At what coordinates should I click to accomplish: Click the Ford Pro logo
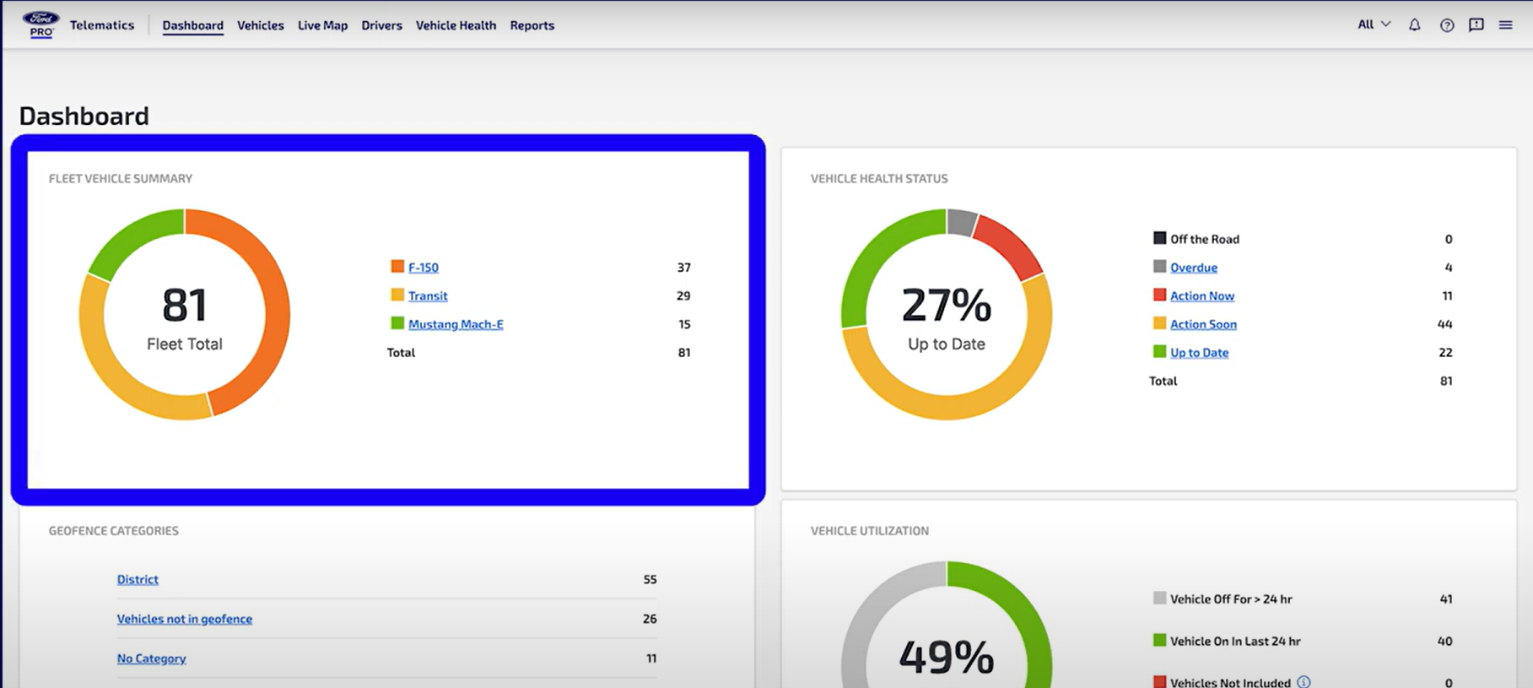tap(40, 24)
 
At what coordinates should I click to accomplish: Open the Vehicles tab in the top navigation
tap(260, 25)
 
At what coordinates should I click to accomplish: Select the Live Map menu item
tap(322, 25)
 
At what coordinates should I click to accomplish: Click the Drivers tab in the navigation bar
tap(381, 25)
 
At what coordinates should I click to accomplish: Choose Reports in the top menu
tap(532, 25)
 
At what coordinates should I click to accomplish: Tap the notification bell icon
tap(1415, 25)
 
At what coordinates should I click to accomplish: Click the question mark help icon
tap(1447, 25)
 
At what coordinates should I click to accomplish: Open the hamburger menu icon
tap(1505, 25)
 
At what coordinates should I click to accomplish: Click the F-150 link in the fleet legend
tap(423, 268)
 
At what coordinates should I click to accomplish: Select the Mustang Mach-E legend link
tap(456, 324)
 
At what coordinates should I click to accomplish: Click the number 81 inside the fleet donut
tap(185, 306)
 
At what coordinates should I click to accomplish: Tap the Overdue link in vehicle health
tap(1193, 268)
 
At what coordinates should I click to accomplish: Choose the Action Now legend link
tap(1201, 296)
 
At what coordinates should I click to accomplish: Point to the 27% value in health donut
tap(946, 306)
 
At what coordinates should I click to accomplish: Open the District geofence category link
tap(138, 580)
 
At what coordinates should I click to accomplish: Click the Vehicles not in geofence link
tap(184, 619)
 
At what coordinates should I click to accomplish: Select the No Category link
tap(151, 658)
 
